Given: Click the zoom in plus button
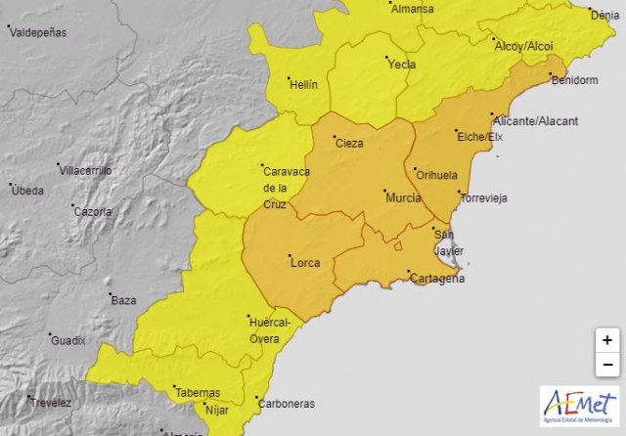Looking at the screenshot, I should [607, 340].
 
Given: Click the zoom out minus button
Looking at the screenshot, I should [607, 365].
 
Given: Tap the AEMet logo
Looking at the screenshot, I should [579, 406].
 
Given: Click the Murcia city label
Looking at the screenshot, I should [404, 198].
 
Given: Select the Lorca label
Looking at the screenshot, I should [305, 262].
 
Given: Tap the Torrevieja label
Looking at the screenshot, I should [484, 197].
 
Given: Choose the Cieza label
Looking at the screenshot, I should [349, 144].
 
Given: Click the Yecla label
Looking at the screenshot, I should [402, 65].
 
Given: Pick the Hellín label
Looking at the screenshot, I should [304, 85].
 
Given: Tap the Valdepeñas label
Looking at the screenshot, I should [38, 32].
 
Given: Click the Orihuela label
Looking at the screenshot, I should [436, 176].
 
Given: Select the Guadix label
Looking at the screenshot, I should [68, 341].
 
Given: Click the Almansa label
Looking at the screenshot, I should [412, 9].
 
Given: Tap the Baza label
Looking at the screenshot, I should [123, 301].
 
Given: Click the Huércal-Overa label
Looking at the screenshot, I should [271, 330].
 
